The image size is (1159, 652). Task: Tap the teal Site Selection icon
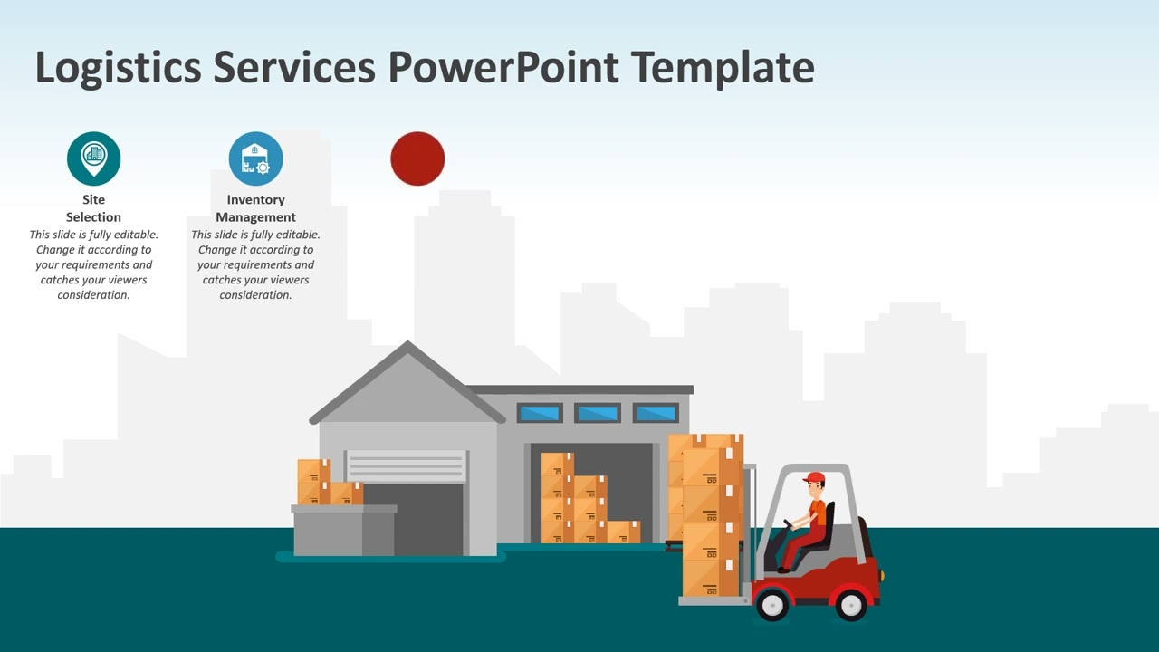[93, 158]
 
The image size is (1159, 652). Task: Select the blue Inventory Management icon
[255, 158]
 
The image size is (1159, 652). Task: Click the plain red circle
[417, 158]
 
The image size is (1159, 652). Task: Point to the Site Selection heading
[93, 208]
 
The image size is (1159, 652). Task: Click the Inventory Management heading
[255, 208]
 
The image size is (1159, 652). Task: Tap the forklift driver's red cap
[814, 477]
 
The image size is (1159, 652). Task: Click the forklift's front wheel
[771, 604]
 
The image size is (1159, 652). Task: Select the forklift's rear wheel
[851, 604]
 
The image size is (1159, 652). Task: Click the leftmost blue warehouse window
[540, 414]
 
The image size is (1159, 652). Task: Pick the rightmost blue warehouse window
[656, 414]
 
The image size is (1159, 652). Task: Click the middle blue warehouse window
[598, 414]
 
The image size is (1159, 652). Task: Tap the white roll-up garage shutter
[406, 466]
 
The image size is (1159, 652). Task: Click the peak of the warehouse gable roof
[407, 346]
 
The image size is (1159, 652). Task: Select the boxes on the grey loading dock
[328, 483]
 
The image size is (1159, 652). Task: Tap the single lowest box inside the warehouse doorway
[623, 532]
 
